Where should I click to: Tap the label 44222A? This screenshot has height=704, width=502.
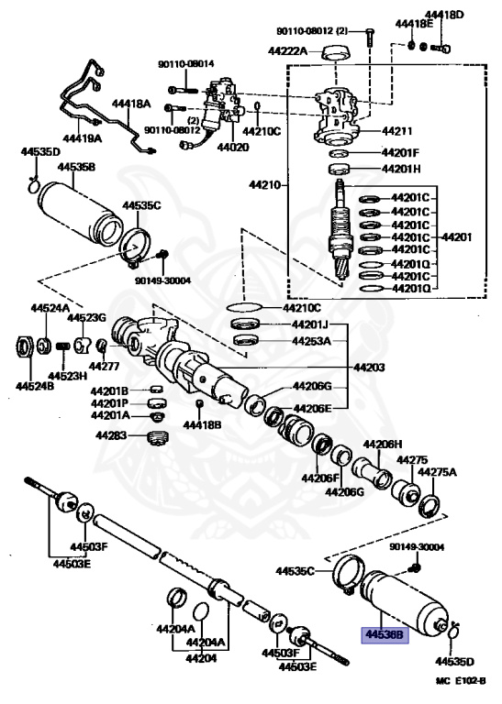click(287, 50)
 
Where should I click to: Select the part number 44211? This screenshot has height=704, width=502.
click(396, 131)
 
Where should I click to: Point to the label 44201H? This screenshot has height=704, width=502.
click(400, 169)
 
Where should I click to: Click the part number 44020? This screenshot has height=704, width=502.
click(232, 147)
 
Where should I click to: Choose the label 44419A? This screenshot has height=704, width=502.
click(83, 138)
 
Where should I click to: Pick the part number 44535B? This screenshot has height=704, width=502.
click(76, 167)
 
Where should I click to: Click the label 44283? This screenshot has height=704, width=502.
click(111, 435)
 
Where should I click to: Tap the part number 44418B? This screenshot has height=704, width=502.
click(202, 423)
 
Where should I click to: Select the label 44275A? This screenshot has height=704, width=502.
click(437, 472)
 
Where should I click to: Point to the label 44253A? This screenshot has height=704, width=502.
click(311, 341)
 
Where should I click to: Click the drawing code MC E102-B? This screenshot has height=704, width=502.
click(461, 681)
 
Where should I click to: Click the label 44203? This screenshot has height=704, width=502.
click(369, 368)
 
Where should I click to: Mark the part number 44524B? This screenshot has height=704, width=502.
click(35, 386)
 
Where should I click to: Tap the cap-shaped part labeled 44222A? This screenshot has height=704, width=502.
click(337, 52)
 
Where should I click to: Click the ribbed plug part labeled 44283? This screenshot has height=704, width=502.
click(158, 438)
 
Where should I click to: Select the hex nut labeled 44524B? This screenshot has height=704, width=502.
click(25, 346)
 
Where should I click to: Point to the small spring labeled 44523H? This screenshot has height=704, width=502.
click(64, 346)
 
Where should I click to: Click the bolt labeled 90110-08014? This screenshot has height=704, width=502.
click(183, 90)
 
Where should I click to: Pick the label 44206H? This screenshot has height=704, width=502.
click(383, 444)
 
